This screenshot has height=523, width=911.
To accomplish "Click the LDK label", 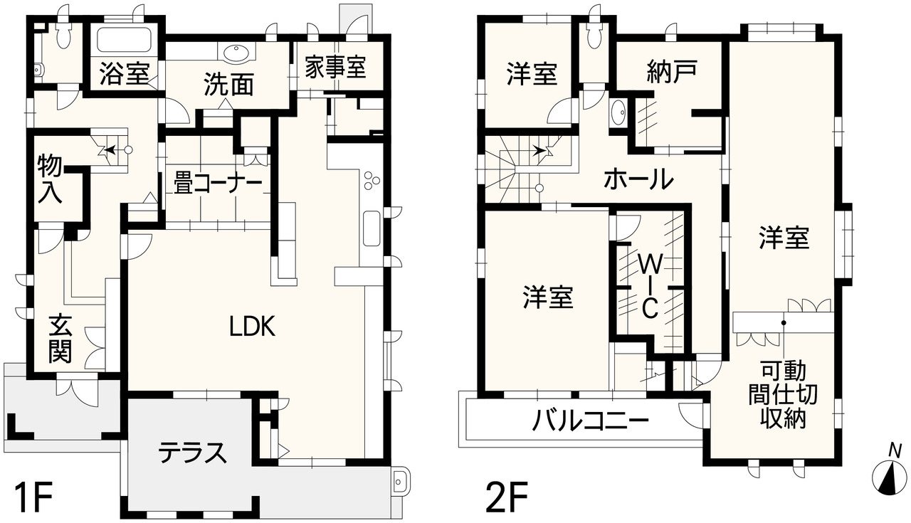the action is pos(253,326).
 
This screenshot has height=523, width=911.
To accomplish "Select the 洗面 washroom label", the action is pos(229,85).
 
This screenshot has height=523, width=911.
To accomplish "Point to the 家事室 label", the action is pos(335,67).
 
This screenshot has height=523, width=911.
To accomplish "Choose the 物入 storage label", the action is pos(50,179).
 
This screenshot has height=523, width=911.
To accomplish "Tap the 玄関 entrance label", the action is pos(60,339).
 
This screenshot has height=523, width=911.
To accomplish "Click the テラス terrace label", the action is pos(191,453).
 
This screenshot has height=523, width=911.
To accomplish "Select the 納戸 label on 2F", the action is pos(671,72).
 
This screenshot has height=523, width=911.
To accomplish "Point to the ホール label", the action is pos(638,180).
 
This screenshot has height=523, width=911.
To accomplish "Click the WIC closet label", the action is pos(650,286).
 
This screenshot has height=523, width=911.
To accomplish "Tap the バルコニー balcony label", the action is pos(591,421).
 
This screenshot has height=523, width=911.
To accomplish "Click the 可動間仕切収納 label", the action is pos(783,396).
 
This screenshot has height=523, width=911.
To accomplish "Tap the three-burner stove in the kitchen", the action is pos(372,180).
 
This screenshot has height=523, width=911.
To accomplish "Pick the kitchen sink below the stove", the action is pos(372,228).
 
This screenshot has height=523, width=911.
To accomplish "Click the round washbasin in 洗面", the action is pos(236,53).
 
